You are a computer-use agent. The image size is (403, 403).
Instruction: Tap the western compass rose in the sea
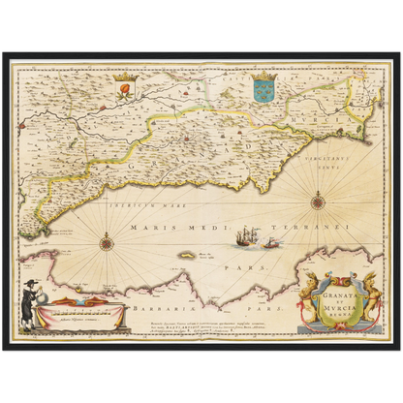(x=106, y=241)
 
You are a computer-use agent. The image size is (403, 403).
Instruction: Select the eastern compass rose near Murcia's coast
(x=318, y=201)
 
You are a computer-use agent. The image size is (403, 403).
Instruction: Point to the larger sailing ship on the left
(x=248, y=235)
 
